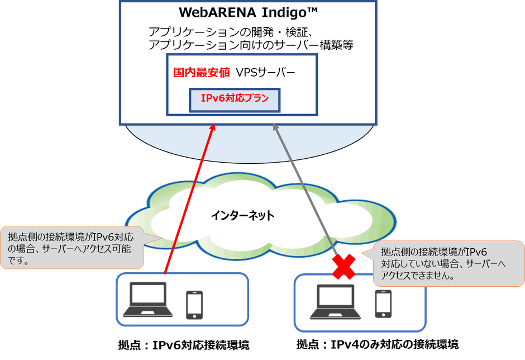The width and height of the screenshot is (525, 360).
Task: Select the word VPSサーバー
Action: (265, 73)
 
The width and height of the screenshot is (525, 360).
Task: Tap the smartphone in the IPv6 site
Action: (194, 304)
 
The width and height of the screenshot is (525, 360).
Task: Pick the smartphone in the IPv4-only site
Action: (383, 304)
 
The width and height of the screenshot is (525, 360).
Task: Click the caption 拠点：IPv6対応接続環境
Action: (180, 344)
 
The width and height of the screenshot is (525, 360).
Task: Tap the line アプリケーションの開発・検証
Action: (233, 32)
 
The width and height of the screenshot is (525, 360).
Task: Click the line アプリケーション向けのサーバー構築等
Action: (251, 45)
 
